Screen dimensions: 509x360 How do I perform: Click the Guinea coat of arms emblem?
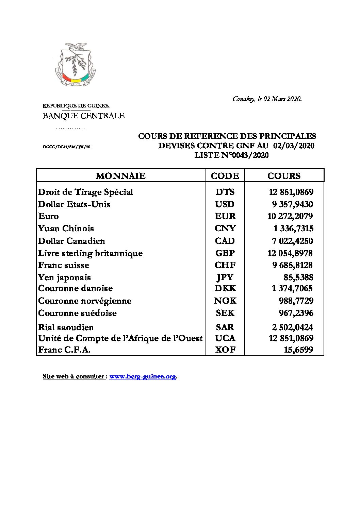click(x=75, y=65)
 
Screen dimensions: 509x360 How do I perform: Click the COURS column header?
click(x=284, y=176)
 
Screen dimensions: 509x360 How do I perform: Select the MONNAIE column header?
click(x=121, y=176)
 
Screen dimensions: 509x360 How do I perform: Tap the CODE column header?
click(x=225, y=176)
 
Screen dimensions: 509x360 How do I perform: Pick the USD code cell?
click(x=225, y=204)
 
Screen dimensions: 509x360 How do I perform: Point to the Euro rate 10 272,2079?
click(x=290, y=216)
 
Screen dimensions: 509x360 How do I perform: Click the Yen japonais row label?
click(x=65, y=277)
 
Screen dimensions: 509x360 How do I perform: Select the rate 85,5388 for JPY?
click(x=298, y=277)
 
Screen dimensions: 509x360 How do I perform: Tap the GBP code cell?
click(x=225, y=253)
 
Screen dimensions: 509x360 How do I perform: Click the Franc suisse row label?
click(x=64, y=265)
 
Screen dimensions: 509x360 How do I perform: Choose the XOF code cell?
click(x=225, y=350)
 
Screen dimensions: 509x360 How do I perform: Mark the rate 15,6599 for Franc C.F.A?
click(x=298, y=350)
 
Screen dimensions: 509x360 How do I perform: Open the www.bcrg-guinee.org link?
click(x=143, y=376)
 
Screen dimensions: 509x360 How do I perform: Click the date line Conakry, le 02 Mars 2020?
click(x=267, y=99)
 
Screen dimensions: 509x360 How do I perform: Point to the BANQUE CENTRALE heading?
click(x=83, y=116)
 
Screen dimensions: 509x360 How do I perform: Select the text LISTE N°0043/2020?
click(x=231, y=155)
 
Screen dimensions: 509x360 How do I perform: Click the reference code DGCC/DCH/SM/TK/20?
click(x=67, y=147)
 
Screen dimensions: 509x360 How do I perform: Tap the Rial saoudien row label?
click(x=66, y=327)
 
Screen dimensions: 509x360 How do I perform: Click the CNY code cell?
click(x=225, y=228)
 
